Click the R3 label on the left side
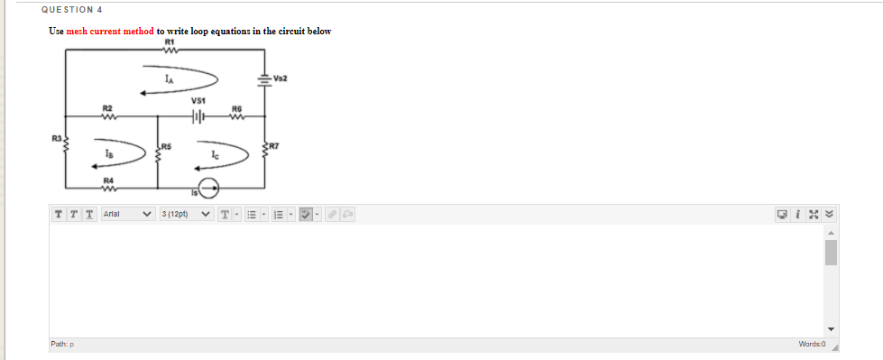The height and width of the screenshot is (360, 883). pos(55,138)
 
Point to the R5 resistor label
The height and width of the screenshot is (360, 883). pos(168,144)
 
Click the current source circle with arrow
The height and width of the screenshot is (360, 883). pos(207,189)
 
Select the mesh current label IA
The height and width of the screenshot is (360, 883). pos(169,79)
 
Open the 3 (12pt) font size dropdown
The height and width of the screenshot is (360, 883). pos(186,215)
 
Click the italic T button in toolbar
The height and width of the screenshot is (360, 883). pos(71,215)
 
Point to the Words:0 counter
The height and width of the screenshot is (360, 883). pos(812,345)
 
